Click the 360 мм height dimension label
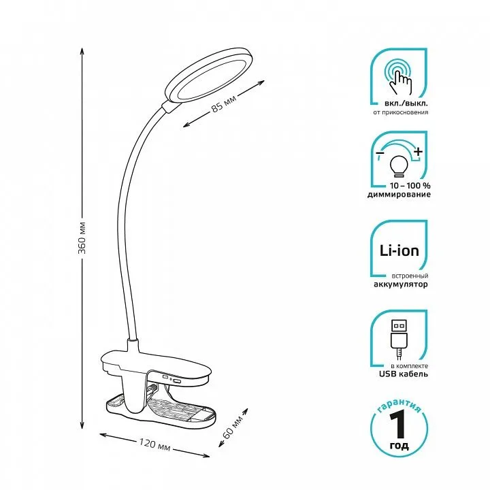(82, 238)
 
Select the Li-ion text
(399, 251)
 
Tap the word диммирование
(399, 195)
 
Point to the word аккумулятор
(399, 284)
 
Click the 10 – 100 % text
(399, 185)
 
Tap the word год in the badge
(400, 446)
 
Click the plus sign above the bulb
(419, 151)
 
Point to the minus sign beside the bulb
(378, 156)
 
